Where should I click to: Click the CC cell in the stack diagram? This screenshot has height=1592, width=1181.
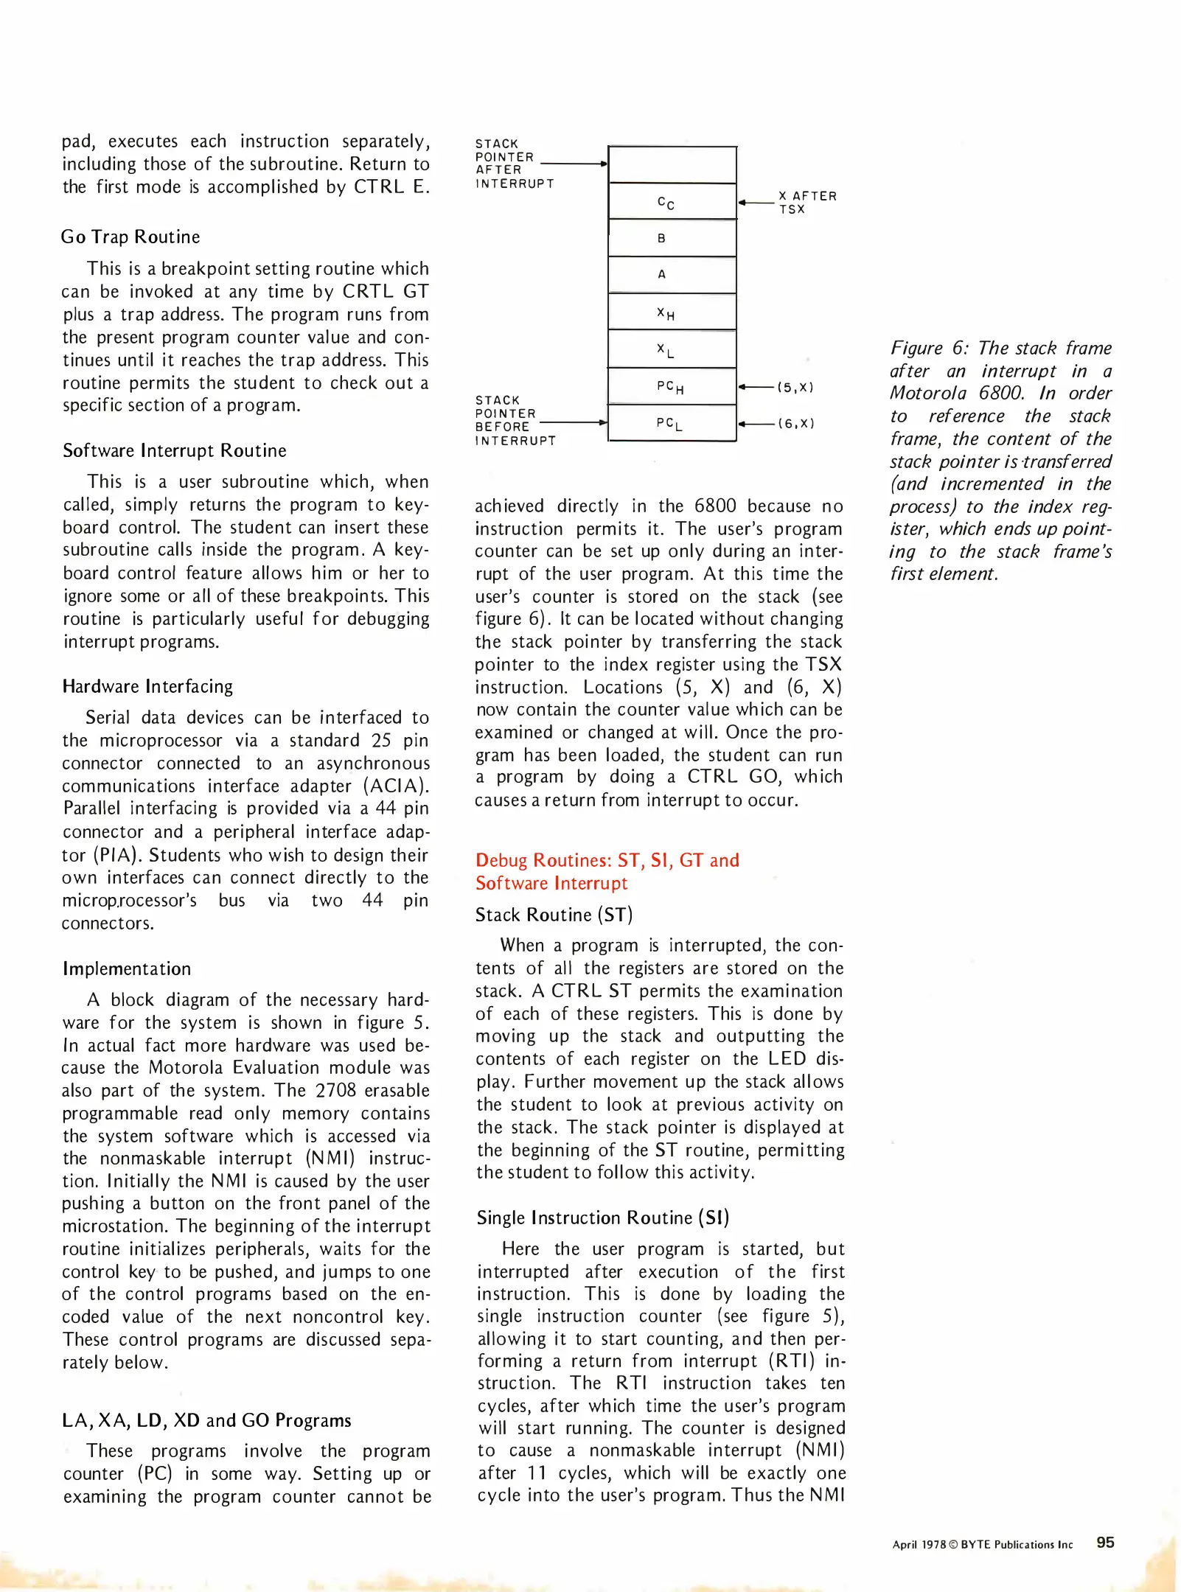(672, 202)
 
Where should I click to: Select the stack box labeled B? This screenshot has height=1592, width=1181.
(672, 238)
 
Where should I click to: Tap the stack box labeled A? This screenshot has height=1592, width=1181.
(672, 274)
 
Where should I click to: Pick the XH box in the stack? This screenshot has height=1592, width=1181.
(672, 313)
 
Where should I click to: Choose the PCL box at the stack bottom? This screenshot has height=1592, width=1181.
(672, 423)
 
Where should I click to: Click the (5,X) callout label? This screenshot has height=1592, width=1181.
(795, 387)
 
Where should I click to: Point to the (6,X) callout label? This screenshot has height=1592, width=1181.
(795, 423)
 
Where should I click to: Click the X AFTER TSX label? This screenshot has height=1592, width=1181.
(807, 202)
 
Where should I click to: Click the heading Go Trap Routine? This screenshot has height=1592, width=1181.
(130, 237)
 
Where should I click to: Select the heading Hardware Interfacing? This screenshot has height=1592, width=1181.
(147, 686)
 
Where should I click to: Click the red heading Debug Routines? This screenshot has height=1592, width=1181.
(607, 860)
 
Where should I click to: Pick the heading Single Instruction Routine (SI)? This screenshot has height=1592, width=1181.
(602, 1218)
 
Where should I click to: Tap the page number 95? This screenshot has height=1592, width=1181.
(1105, 1542)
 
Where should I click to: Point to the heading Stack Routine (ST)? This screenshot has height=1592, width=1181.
(554, 915)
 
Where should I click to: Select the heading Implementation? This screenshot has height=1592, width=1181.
(127, 968)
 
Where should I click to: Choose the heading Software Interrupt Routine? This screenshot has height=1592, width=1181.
(175, 450)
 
